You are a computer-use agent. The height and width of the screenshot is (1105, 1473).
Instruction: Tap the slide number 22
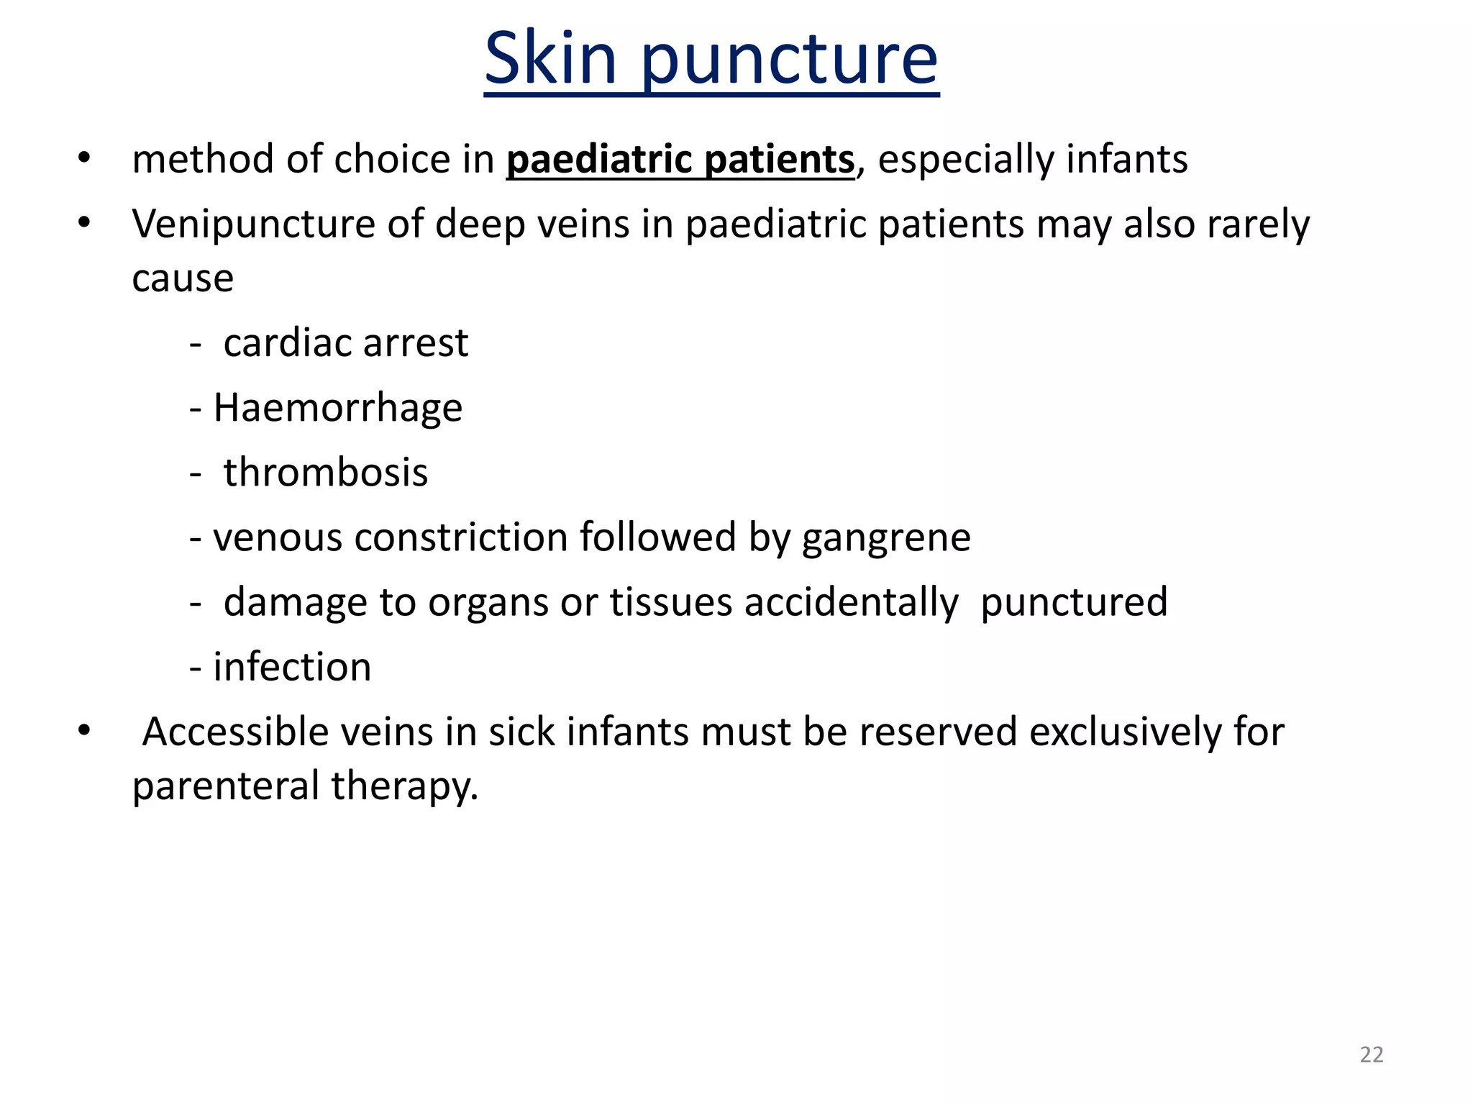(1371, 1054)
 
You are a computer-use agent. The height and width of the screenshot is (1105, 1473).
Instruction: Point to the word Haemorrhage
(338, 409)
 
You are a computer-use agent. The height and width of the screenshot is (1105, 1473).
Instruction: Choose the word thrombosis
(326, 473)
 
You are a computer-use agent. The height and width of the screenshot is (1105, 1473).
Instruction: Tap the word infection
(292, 667)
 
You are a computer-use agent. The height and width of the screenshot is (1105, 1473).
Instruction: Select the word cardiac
(288, 343)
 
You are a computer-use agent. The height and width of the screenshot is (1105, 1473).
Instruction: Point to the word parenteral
(226, 786)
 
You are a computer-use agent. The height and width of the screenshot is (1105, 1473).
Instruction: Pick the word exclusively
(1125, 732)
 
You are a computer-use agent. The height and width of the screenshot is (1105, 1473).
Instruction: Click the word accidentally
(851, 603)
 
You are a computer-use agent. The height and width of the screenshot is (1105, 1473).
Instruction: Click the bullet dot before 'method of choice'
(84, 158)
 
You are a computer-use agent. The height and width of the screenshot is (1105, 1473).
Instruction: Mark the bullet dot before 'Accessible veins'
(84, 730)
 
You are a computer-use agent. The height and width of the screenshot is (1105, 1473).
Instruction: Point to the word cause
(183, 278)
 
